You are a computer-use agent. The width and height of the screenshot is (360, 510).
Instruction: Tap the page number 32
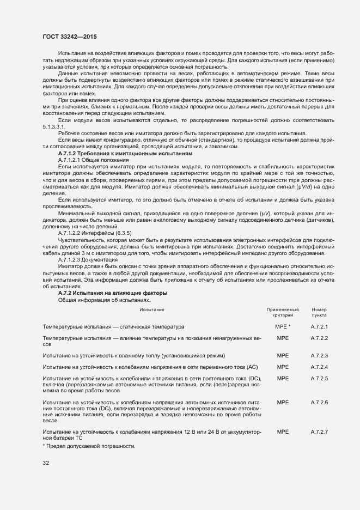(46, 463)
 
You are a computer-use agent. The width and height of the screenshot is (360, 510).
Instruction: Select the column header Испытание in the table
(152, 309)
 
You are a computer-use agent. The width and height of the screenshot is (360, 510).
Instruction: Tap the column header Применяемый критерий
(282, 312)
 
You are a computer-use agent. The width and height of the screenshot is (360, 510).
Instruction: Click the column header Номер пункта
(319, 312)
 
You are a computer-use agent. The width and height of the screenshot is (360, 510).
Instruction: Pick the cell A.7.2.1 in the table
(319, 327)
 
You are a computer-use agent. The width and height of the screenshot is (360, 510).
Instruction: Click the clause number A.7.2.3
(319, 355)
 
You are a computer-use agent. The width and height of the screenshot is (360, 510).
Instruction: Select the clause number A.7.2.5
(319, 378)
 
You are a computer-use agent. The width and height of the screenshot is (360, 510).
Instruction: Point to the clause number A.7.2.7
(319, 432)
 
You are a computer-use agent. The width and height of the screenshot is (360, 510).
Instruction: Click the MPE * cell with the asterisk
(283, 327)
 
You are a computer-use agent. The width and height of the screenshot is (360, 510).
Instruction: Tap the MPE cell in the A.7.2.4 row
(283, 367)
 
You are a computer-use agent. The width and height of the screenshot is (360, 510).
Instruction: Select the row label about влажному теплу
(133, 355)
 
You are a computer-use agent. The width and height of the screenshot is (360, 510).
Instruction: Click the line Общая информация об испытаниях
(103, 300)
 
